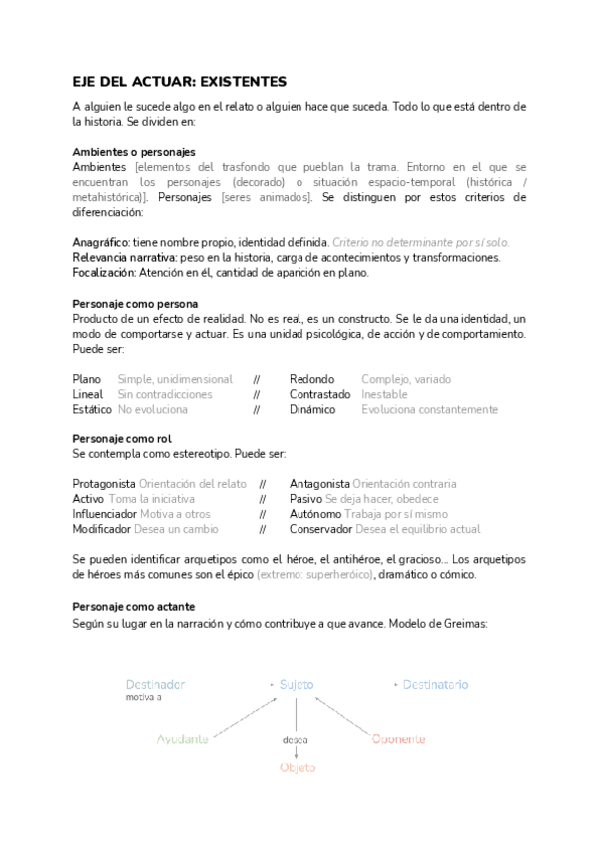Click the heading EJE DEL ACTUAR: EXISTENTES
point(180,81)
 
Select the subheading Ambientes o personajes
point(128,151)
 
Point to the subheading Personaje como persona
point(135,303)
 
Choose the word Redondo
point(311,379)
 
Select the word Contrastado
point(320,394)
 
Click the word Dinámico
point(313,409)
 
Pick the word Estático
point(92,409)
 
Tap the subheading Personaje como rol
point(122,438)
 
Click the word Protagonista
point(104,483)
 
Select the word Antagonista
point(319,483)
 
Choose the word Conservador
point(320,528)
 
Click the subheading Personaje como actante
point(133,606)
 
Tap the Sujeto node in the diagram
point(296,685)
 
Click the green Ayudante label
point(183,739)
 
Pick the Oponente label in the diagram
point(398,739)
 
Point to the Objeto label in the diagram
point(297,767)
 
